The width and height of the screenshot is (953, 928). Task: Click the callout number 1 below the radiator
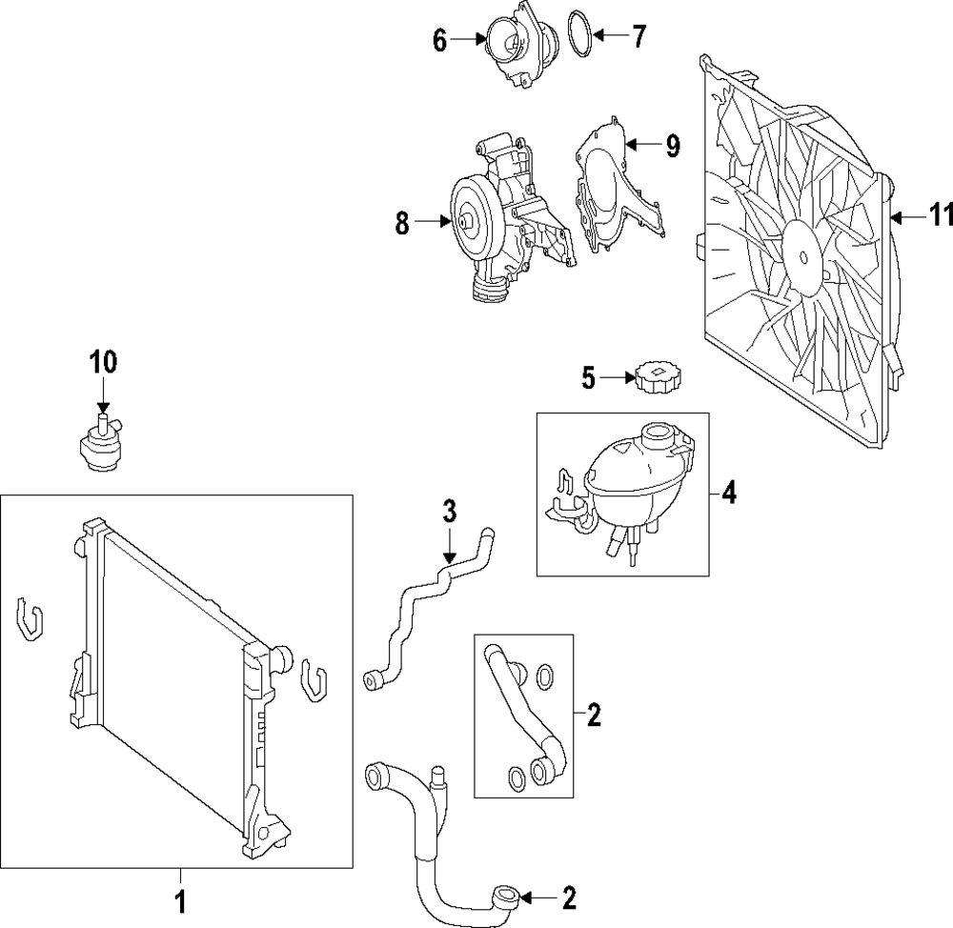coord(181,901)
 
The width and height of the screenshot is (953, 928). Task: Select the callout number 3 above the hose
coord(449,512)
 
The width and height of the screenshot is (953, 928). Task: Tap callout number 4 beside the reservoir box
coord(729,493)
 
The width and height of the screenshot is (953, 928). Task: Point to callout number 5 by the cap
coord(588,378)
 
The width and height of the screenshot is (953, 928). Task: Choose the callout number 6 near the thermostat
coord(440,41)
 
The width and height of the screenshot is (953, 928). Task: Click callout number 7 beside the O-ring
coord(639,36)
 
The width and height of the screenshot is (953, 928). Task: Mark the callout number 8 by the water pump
coord(402,223)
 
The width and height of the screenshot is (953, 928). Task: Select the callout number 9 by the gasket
coord(672,146)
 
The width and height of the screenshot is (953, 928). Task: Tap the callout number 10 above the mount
coord(103,362)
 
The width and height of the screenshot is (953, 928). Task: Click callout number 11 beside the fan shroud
coord(941,214)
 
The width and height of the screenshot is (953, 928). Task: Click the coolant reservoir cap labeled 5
coord(658,378)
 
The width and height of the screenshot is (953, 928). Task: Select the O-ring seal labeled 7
coord(579,34)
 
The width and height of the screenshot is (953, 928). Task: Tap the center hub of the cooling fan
coord(804,257)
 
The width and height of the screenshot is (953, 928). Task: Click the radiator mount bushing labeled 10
coord(103,444)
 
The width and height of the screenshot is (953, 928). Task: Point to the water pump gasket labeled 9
coord(618,185)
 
